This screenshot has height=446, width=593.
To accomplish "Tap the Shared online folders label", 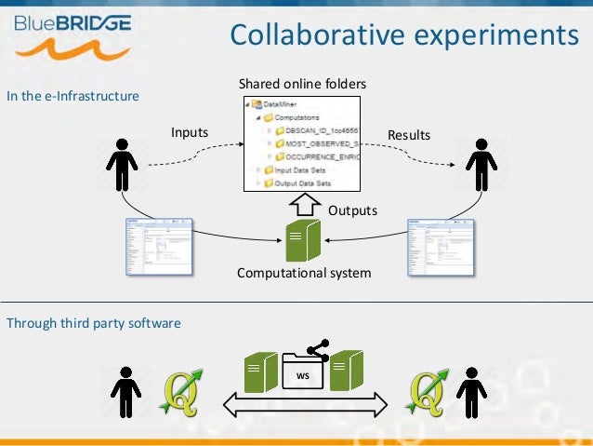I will click(303, 84).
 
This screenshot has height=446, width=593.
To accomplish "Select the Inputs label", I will click(190, 134).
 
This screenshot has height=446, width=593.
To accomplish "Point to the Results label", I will click(409, 135).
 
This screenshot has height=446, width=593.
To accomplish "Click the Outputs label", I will click(352, 210).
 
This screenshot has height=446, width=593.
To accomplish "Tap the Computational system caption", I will click(304, 273).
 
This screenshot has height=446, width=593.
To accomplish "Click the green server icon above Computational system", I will click(304, 239).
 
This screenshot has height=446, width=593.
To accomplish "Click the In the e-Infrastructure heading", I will click(73, 95).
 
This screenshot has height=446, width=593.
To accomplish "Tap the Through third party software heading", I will click(94, 323).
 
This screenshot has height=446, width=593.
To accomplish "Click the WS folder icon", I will click(302, 372).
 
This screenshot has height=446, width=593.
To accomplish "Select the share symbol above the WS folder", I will click(318, 351).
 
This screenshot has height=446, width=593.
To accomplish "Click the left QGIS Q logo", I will click(181, 392).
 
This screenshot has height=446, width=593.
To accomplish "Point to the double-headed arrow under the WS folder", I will click(304, 404).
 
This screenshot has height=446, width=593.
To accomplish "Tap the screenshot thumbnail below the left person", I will click(158, 247).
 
